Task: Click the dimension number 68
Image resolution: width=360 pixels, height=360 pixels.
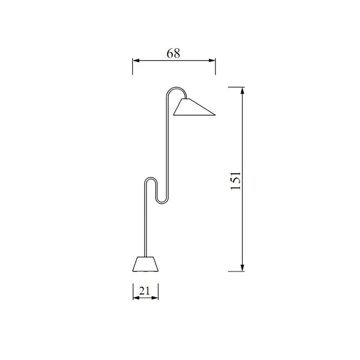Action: click(173, 53)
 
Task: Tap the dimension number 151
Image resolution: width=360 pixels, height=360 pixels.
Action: click(235, 181)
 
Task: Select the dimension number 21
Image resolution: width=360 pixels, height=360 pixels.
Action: click(144, 291)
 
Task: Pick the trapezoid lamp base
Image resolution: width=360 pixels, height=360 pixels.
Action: click(145, 264)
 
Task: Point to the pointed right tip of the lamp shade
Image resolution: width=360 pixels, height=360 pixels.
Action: click(216, 115)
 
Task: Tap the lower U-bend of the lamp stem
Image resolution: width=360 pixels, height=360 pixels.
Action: click(162, 203)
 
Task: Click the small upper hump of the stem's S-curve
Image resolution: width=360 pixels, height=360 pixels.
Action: click(151, 178)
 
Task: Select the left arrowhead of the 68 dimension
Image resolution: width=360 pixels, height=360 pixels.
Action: click(136, 60)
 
